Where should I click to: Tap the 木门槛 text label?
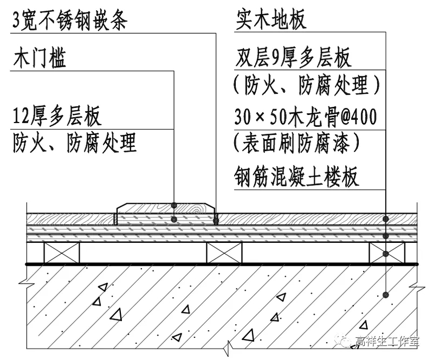click(40, 59)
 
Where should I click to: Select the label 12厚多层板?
click(57, 116)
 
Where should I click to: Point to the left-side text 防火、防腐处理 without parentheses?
click(74, 143)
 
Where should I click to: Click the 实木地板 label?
click(272, 20)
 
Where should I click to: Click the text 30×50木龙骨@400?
click(307, 116)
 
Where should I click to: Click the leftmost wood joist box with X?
click(61, 253)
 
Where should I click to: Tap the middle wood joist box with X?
click(224, 253)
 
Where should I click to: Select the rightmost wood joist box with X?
click(386, 253)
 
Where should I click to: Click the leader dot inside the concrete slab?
click(385, 294)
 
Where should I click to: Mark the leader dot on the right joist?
click(385, 253)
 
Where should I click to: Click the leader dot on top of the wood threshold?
click(174, 206)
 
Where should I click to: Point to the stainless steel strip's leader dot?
click(216, 220)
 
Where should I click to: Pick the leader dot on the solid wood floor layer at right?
click(385, 218)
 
